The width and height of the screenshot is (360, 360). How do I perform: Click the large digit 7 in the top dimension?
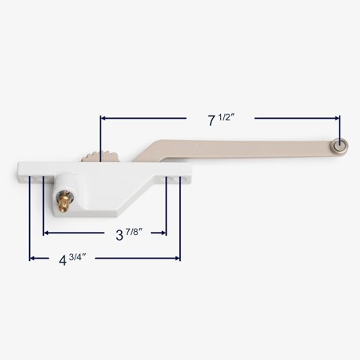coord(211,121)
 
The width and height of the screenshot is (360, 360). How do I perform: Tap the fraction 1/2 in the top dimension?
coord(226,117)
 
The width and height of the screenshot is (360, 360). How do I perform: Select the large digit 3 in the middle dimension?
coord(119,235)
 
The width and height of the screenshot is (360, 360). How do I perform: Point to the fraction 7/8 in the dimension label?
coord(134,232)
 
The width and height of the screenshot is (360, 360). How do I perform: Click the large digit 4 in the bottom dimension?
coord(63,260)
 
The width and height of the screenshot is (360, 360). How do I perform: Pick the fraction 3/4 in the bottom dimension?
coord(78,257)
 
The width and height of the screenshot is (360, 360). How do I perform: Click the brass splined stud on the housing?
coord(63,201)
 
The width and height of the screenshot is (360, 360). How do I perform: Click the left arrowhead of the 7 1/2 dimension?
coord(103,118)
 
